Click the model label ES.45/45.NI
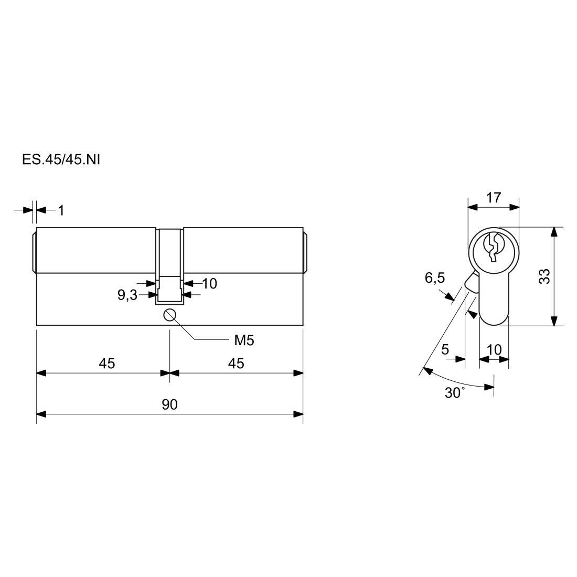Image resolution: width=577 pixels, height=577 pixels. click(61, 160)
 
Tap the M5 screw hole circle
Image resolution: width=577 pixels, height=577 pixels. click(169, 315)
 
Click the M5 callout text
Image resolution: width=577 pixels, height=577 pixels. click(244, 341)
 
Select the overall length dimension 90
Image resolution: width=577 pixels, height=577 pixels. click(169, 404)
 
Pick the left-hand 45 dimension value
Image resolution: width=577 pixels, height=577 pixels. click(107, 364)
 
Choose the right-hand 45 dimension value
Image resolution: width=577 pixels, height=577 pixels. click(236, 364)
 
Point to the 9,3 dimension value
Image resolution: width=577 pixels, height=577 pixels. click(127, 295)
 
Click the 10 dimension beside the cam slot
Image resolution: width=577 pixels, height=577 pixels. click(209, 284)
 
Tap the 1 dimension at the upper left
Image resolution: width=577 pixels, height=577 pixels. click(61, 210)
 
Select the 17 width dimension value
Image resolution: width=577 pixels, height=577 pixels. click(494, 198)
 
